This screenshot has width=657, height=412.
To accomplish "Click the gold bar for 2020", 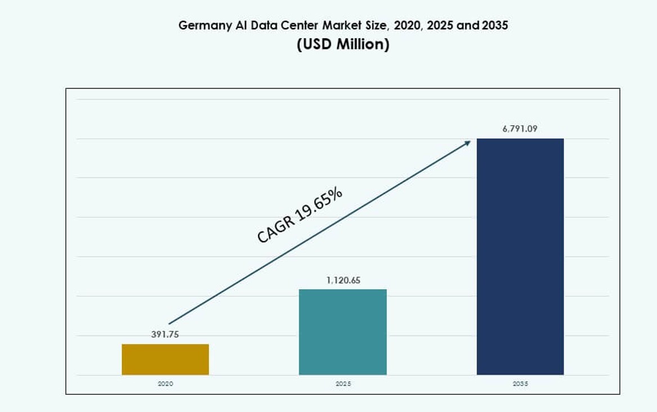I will [x=165, y=359].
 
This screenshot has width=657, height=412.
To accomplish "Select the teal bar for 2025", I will [x=342, y=332].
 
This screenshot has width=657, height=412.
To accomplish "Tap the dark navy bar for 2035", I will [x=520, y=256].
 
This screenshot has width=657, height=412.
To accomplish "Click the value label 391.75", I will [x=165, y=334].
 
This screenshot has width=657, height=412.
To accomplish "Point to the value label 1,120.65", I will [x=342, y=280].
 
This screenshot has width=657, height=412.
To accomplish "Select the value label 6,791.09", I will [x=520, y=129].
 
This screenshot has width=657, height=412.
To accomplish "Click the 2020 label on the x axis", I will [x=165, y=383].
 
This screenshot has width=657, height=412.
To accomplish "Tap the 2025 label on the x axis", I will [x=343, y=383].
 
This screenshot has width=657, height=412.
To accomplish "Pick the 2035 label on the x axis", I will [x=520, y=383].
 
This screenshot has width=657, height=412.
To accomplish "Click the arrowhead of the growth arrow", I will [x=467, y=143].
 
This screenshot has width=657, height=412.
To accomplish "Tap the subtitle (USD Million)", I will [x=343, y=44].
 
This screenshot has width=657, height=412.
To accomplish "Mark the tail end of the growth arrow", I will [x=169, y=324].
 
